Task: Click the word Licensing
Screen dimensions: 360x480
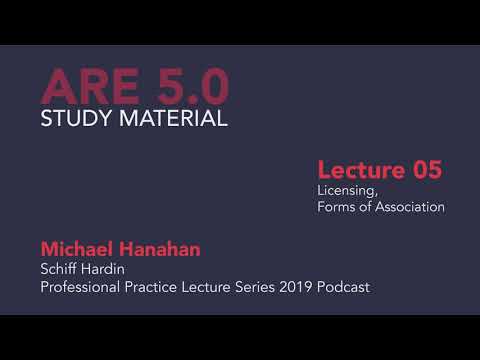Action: (349, 190)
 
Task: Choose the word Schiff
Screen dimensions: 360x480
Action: (59, 268)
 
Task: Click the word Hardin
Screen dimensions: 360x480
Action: (105, 268)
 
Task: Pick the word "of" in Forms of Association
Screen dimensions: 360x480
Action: (365, 207)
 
